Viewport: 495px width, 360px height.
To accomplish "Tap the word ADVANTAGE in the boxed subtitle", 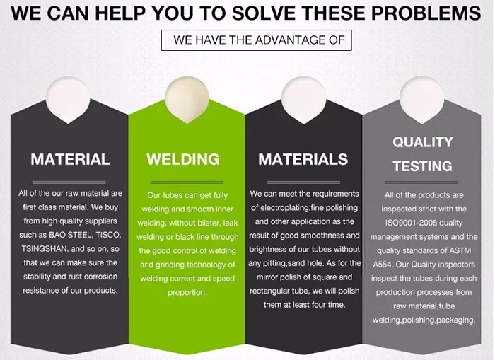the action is pos(290,40).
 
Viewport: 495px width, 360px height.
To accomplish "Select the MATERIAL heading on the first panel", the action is pos(71,159).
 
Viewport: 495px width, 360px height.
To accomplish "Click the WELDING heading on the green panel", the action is pos(183,159).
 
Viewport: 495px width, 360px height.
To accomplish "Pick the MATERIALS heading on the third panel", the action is pos(303,159).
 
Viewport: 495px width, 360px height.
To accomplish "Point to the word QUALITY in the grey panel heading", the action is pos(423,142).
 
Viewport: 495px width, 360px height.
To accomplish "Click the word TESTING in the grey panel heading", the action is pos(423,166).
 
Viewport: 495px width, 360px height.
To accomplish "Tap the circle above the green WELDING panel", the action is pos(187,98).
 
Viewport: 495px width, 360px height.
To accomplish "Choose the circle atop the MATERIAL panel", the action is pos(68,98).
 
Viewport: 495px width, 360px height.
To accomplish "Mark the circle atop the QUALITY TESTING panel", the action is pos(421,98).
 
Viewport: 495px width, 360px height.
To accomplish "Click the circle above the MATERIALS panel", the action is pos(303,98).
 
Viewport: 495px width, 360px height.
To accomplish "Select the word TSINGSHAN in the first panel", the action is pos(45,249).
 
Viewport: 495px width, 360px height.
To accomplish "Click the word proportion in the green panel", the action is pos(187,293).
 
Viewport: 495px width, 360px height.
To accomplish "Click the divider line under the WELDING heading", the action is pos(187,182).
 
